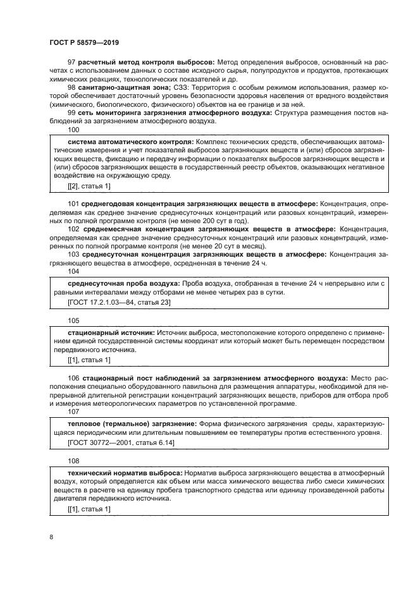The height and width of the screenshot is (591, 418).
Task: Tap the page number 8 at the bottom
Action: pyautogui.click(x=51, y=537)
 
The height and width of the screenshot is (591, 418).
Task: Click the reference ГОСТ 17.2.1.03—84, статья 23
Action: pyautogui.click(x=118, y=303)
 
